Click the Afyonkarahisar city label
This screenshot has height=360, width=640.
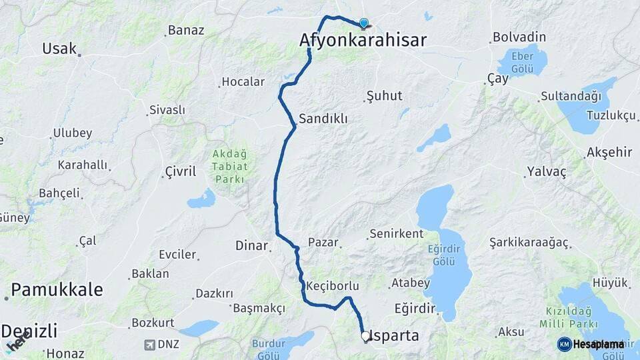(363, 40)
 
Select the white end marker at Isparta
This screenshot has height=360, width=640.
(365, 337)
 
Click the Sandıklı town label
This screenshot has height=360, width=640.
(323, 119)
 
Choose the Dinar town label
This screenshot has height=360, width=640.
(251, 245)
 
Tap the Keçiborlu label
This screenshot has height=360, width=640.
(333, 285)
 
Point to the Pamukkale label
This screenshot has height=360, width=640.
(57, 289)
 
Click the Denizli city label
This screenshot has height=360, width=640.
(29, 331)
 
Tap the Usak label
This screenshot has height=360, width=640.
(59, 49)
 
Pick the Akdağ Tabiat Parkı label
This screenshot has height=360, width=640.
(230, 167)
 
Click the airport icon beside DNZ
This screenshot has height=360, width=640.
(149, 345)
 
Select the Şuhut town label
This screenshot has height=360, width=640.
(385, 96)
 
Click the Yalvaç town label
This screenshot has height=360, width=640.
(547, 172)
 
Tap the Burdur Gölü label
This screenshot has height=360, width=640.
(269, 349)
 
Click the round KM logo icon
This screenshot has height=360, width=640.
(564, 344)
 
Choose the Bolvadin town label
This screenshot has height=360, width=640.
(519, 37)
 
